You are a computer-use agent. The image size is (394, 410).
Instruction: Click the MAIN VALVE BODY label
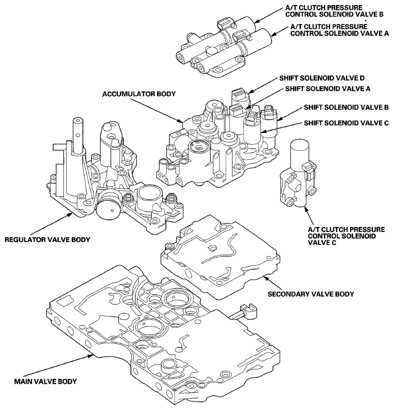click(x=46, y=381)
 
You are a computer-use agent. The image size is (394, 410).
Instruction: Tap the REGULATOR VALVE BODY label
click(x=47, y=240)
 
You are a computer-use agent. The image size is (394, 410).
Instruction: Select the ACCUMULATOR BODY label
click(x=139, y=94)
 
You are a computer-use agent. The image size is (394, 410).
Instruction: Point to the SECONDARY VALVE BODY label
click(x=311, y=294)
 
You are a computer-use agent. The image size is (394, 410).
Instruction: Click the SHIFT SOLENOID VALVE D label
click(x=322, y=78)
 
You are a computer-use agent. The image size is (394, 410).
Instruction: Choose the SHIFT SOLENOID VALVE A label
click(x=328, y=88)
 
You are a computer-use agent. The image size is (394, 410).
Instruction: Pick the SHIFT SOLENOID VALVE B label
click(x=346, y=107)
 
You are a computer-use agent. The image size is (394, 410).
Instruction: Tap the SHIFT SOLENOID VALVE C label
click(x=346, y=122)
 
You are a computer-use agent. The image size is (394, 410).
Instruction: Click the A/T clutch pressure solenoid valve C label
click(x=346, y=236)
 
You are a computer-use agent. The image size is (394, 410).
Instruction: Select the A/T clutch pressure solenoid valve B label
click(x=334, y=11)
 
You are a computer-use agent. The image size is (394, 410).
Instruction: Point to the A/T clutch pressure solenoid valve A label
click(x=340, y=30)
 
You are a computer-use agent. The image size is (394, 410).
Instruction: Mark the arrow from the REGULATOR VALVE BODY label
click(x=52, y=224)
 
